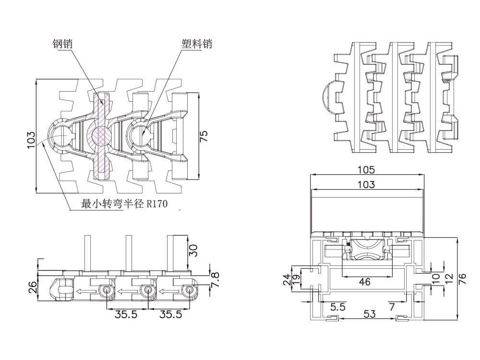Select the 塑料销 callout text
tap(196, 44)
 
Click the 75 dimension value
tap(204, 136)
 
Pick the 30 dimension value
tap(193, 251)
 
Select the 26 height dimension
tap(32, 288)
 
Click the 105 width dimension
tap(367, 170)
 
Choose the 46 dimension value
tap(365, 282)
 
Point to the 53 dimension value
tap(369, 314)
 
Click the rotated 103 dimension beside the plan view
tap(31, 140)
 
